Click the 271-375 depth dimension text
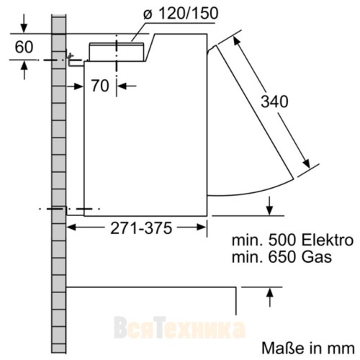pyautogui.click(x=140, y=229)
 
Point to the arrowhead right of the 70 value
pyautogui.click(x=121, y=86)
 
